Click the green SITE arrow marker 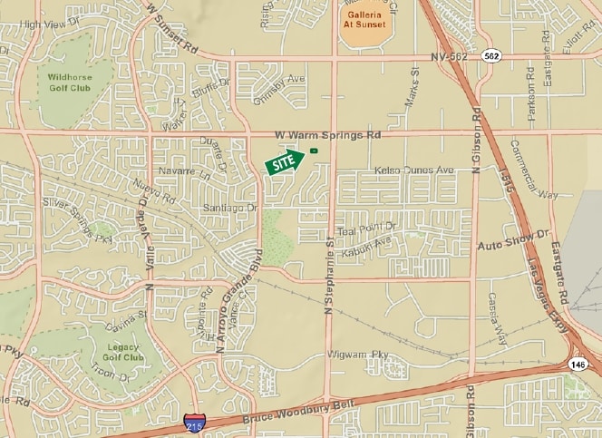pyautogui.click(x=284, y=161)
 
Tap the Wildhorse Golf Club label pyautogui.click(x=69, y=83)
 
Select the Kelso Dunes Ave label pyautogui.click(x=413, y=170)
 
